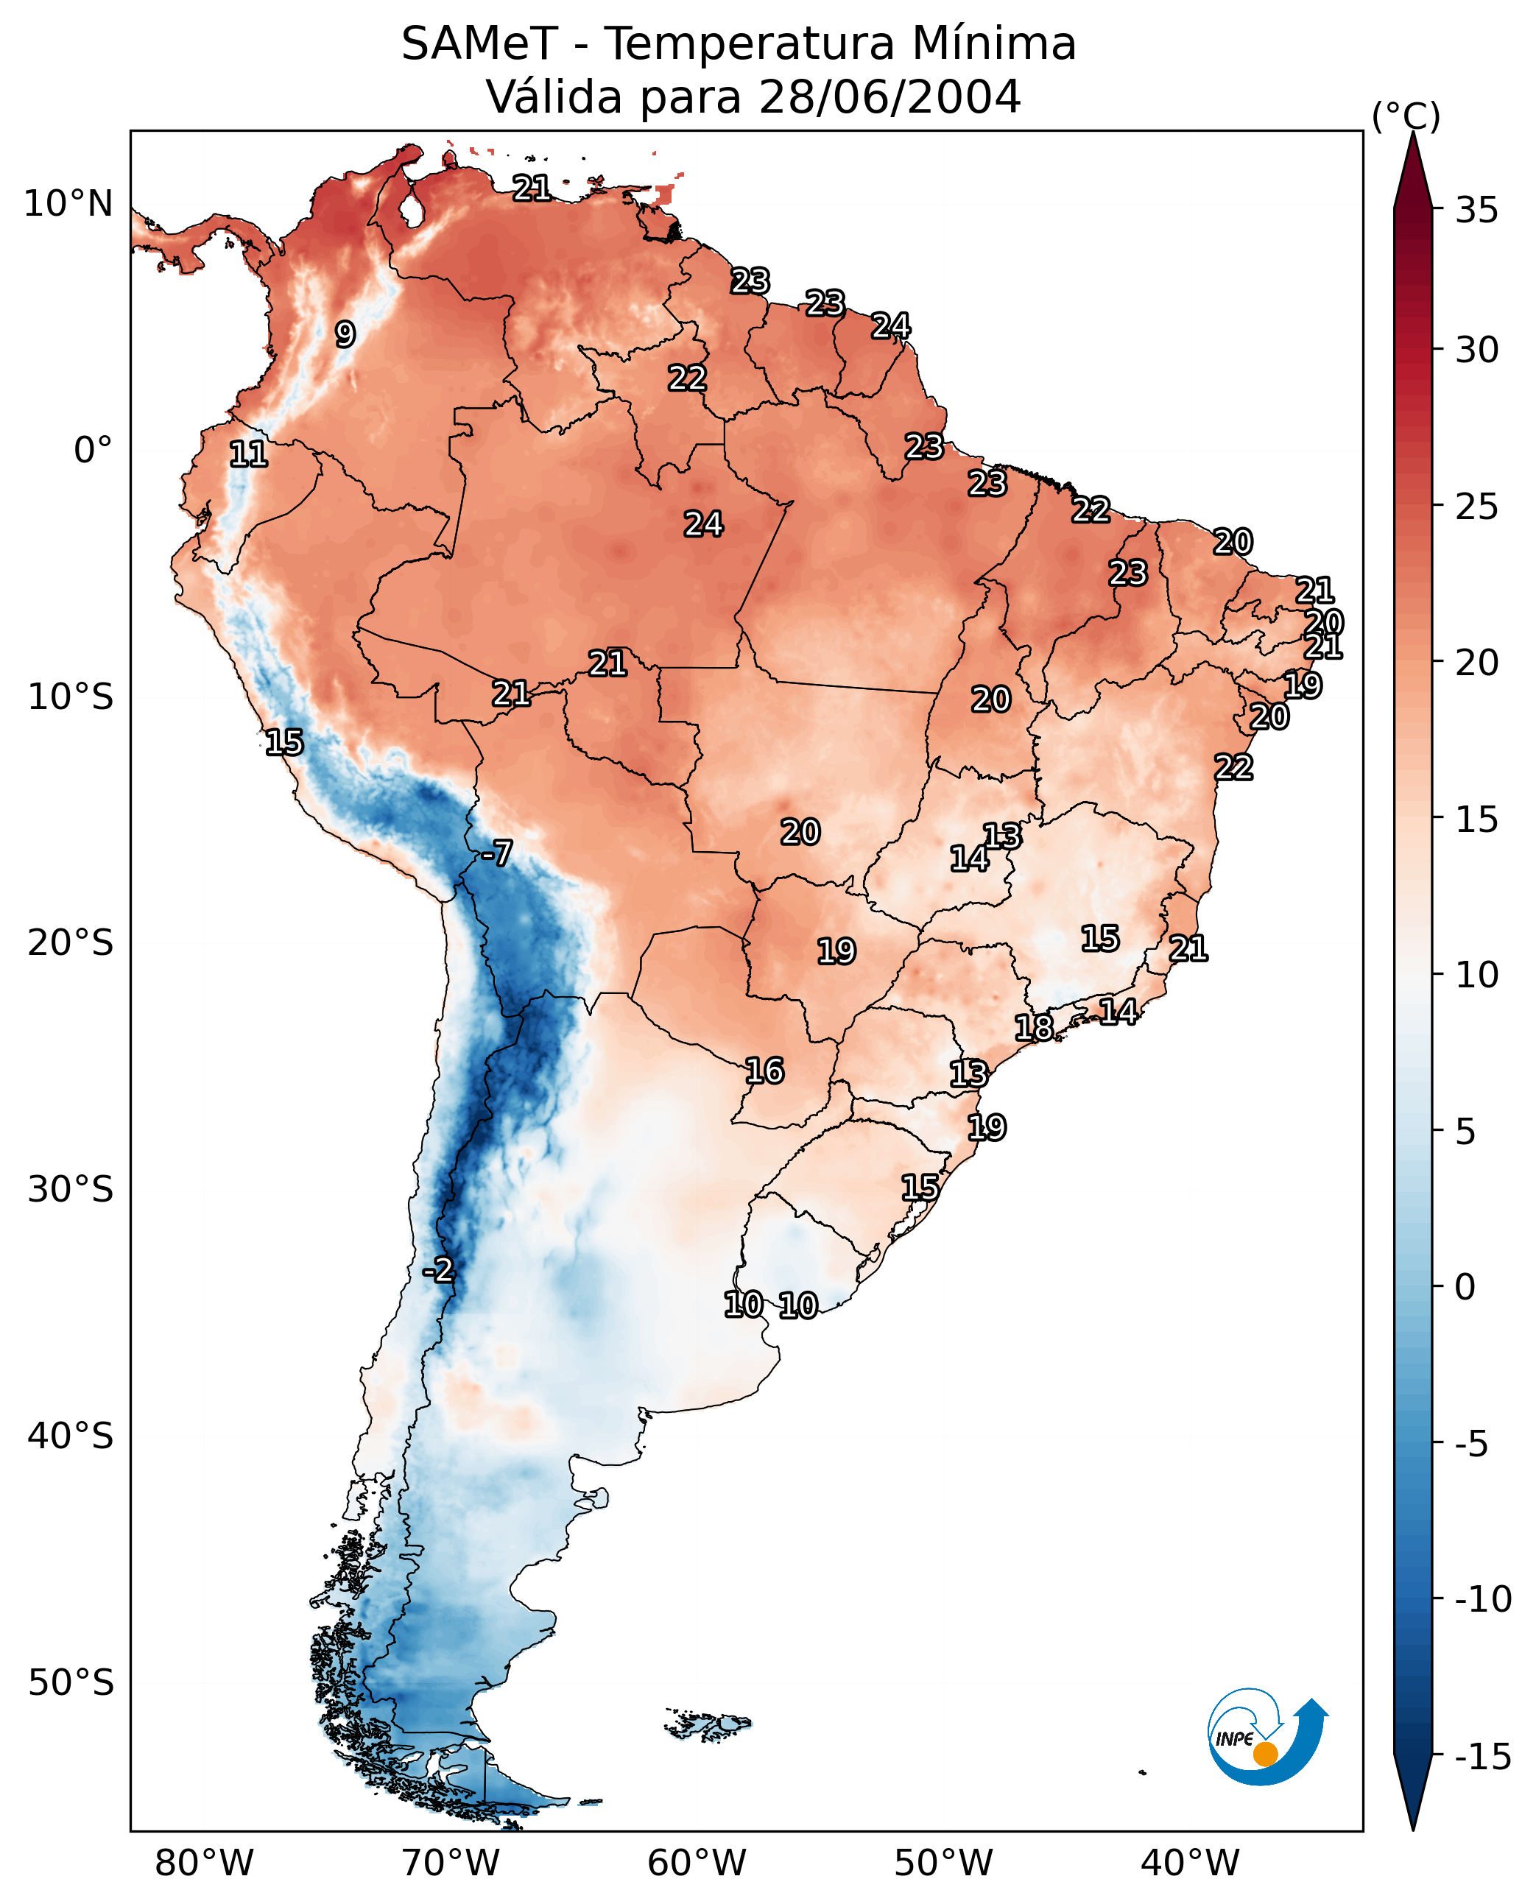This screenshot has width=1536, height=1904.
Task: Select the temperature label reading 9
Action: [x=345, y=334]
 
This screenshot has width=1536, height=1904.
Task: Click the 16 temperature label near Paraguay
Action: [x=764, y=1071]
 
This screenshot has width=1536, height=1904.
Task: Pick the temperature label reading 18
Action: [x=1033, y=1027]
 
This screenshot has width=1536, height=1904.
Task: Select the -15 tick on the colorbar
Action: [x=1483, y=1755]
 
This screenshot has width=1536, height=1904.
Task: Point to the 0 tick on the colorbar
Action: [x=1465, y=1286]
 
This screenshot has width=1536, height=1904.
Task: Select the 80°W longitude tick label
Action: [x=205, y=1863]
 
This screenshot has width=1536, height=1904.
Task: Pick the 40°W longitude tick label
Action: [x=1190, y=1863]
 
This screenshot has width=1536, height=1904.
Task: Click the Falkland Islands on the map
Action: [x=708, y=1724]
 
